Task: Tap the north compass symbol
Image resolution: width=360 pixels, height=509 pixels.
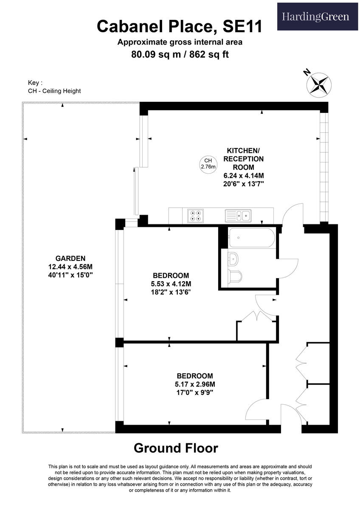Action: point(319,83)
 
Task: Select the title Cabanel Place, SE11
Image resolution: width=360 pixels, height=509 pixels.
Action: point(180,26)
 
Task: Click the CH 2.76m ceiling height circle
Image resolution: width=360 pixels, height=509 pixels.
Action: point(208,164)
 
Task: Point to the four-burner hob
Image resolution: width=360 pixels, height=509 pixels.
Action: point(195,216)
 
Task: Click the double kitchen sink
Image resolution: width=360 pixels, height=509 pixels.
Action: point(239,216)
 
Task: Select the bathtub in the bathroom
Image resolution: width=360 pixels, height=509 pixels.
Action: point(252,238)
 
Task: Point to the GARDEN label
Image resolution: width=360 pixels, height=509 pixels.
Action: point(70,258)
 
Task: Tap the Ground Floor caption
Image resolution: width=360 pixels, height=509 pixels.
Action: point(176,448)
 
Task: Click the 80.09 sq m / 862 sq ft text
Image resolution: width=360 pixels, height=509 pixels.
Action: point(180,54)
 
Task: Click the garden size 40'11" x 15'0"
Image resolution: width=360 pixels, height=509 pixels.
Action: point(70,275)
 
